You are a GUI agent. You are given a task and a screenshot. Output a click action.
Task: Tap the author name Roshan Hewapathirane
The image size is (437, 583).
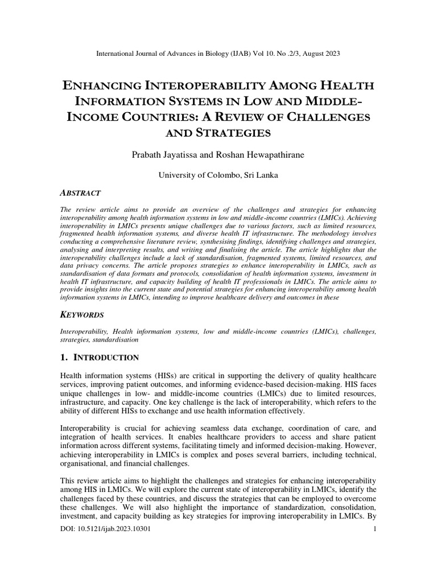(x=262, y=155)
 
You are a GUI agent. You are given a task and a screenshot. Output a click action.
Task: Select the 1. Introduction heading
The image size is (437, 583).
(x=99, y=358)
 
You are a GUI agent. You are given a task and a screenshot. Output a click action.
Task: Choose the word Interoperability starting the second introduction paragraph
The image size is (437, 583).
(x=85, y=428)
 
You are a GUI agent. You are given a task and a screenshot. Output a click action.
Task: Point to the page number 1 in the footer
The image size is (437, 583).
(x=374, y=529)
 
